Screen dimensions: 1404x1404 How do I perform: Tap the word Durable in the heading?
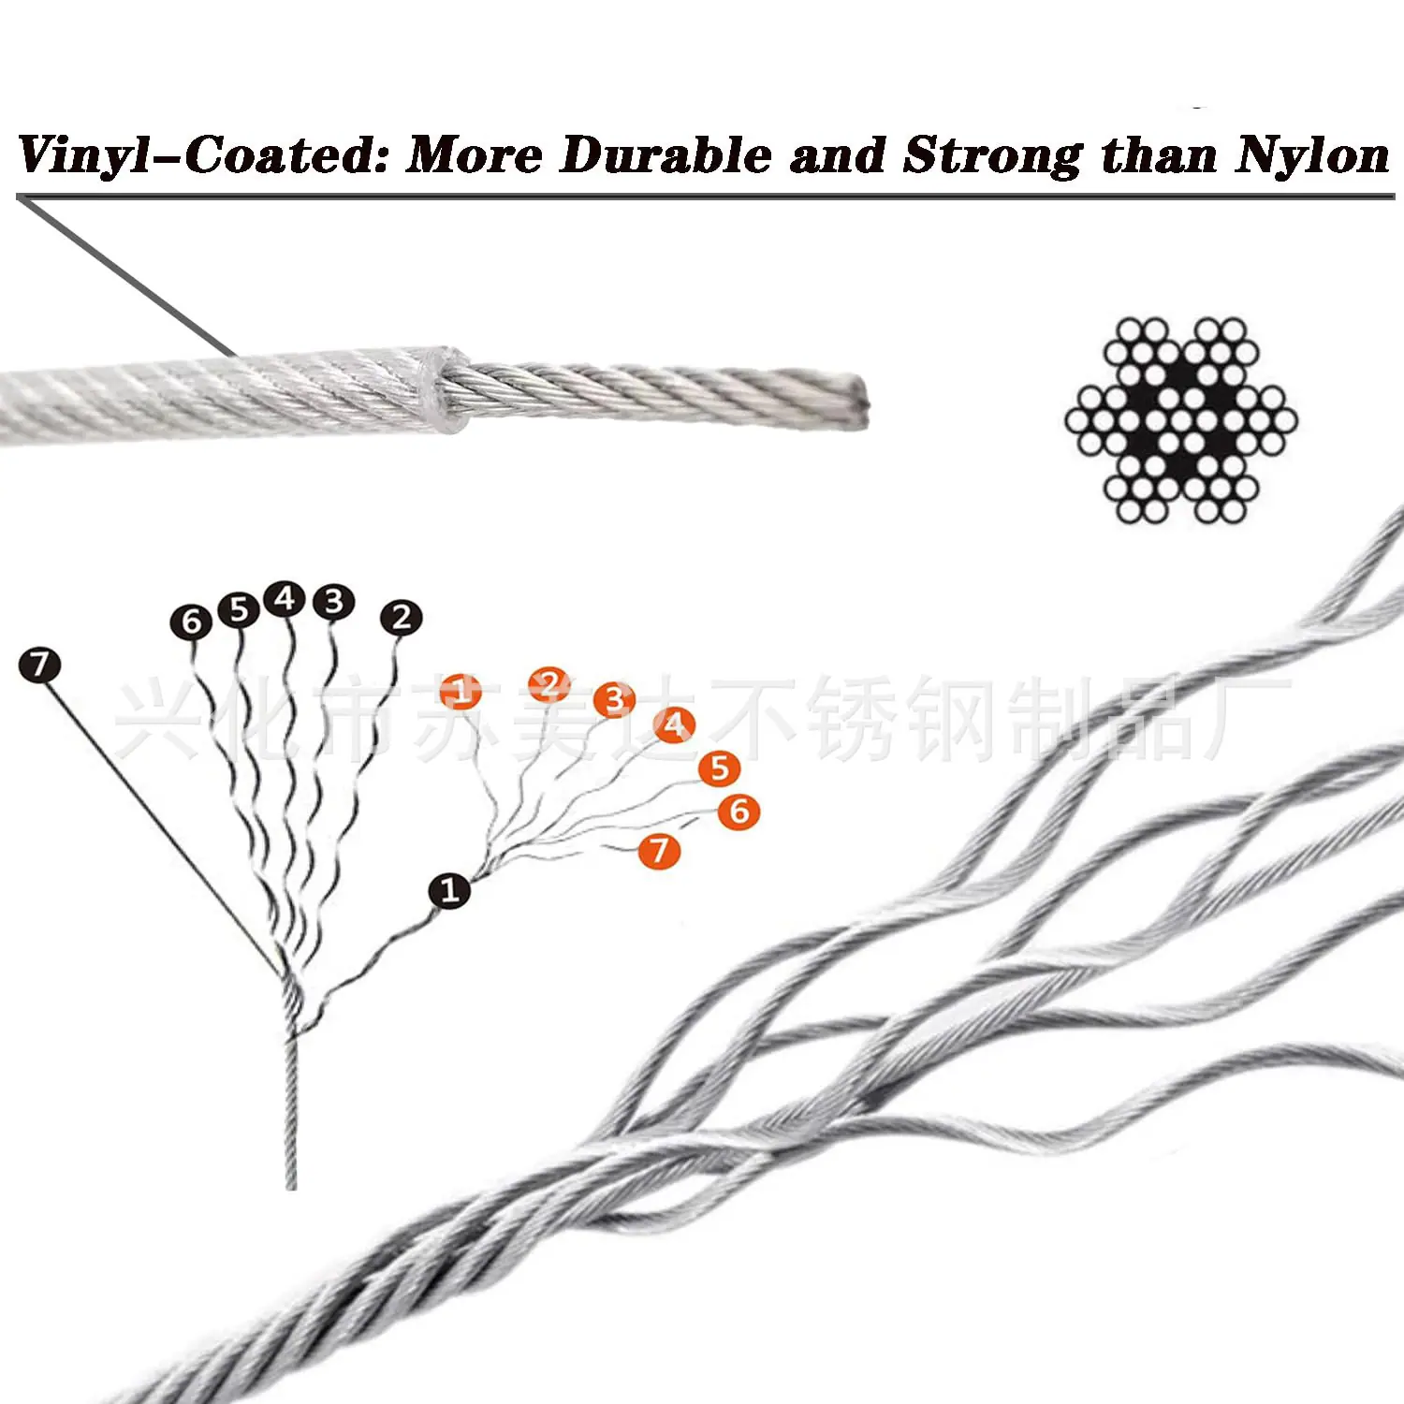point(665,154)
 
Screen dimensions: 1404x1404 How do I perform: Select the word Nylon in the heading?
point(1312,155)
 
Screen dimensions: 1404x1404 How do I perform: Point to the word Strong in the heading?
point(993,155)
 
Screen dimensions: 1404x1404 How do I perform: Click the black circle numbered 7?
point(39,665)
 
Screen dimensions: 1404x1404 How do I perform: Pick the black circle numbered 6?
point(192,622)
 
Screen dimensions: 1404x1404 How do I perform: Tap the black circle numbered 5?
point(239,609)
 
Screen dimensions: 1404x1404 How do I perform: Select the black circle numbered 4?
point(285,599)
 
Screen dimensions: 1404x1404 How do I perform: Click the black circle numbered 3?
point(334,602)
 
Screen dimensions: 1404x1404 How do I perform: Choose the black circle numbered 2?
point(402,618)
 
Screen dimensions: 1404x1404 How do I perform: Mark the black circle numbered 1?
point(449,890)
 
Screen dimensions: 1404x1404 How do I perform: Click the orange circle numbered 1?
point(461,692)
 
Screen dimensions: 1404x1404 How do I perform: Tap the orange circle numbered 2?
point(549,685)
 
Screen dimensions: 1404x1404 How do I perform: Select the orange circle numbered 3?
point(615,699)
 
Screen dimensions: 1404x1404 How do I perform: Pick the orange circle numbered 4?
point(675,724)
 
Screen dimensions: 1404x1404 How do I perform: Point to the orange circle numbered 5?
point(719,768)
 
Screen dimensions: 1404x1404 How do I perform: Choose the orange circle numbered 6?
point(739,812)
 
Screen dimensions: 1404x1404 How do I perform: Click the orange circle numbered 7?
point(660,851)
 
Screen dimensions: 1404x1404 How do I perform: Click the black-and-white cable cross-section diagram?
point(1181,420)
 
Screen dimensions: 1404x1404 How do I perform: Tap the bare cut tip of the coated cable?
point(856,402)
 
